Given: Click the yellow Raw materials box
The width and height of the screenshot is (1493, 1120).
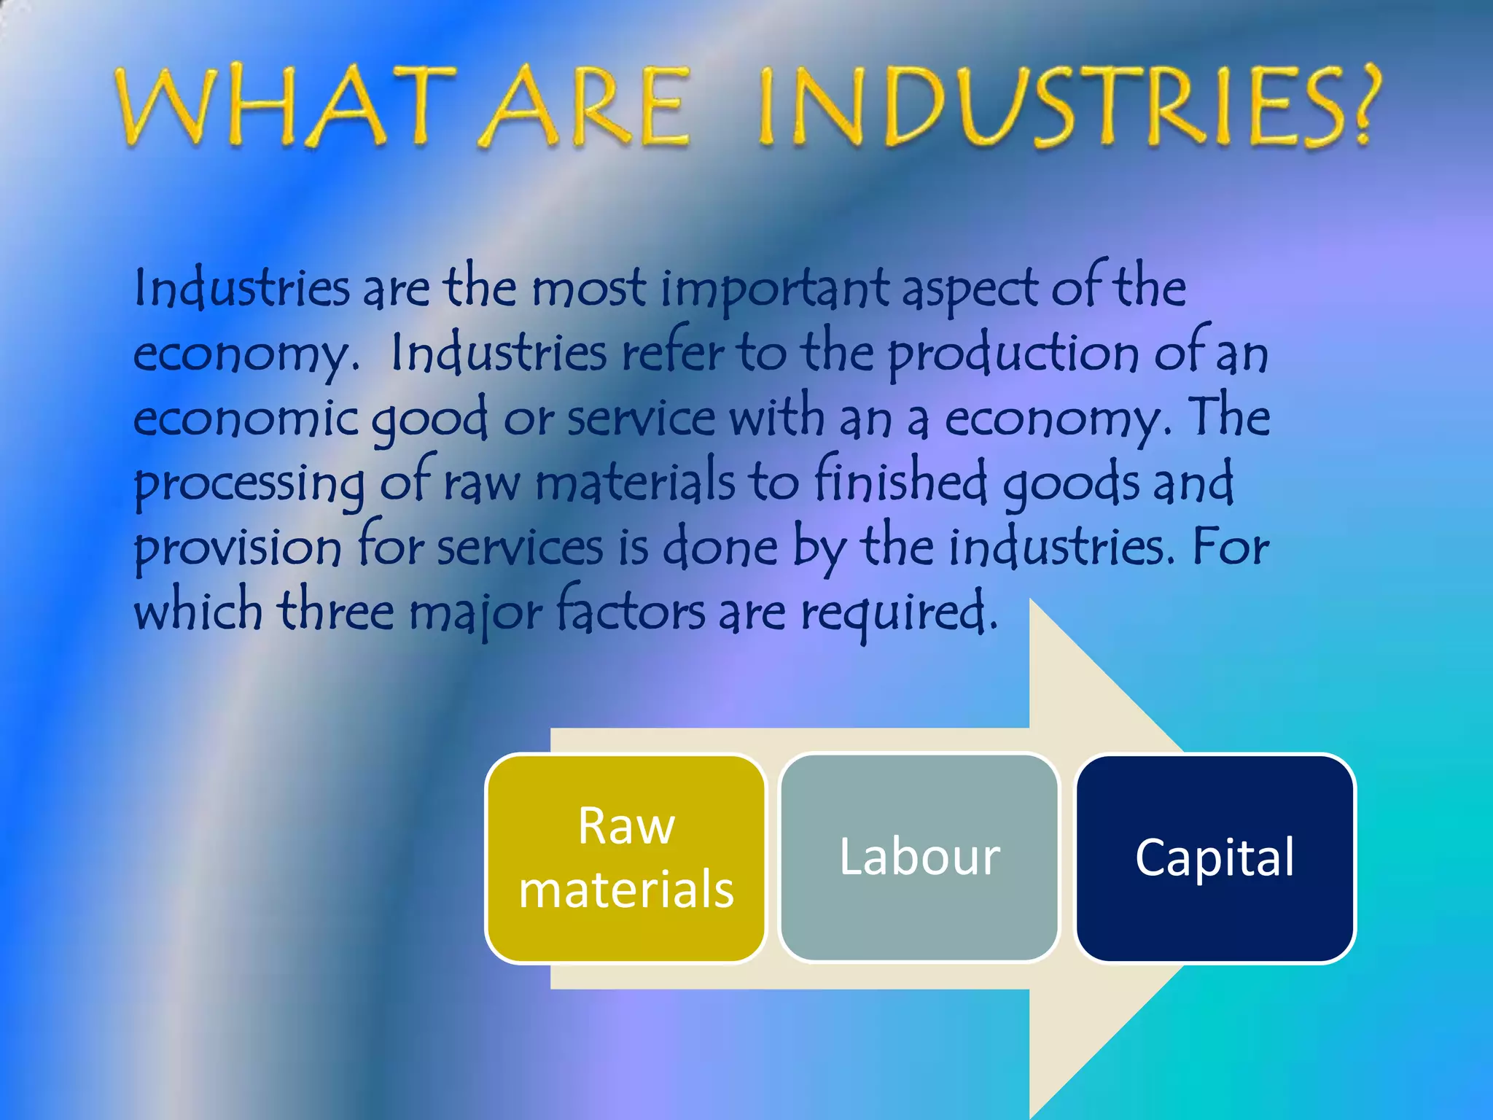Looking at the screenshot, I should (625, 858).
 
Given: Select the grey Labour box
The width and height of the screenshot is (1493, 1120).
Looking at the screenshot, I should (919, 858).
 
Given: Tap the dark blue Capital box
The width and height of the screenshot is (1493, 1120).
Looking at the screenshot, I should (1215, 858).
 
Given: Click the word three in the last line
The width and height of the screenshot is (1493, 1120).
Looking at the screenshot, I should (335, 611).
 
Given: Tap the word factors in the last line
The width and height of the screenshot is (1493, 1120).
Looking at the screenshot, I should (631, 611).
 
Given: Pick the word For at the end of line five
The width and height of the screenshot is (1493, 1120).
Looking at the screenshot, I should (1231, 547).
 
